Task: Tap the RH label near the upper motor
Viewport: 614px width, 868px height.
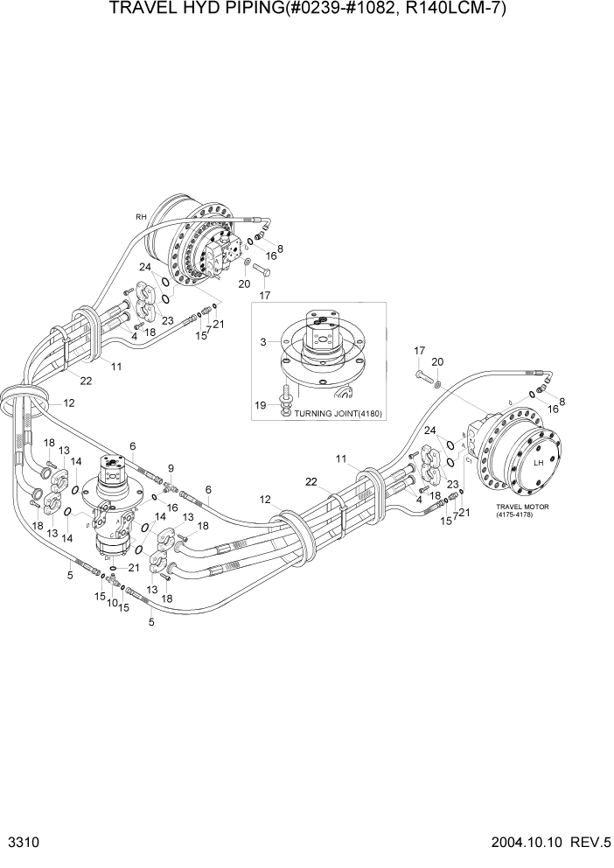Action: coord(139,216)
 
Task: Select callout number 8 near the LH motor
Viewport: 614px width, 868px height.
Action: coord(562,402)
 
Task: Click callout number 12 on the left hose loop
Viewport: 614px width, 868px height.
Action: coord(68,403)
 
